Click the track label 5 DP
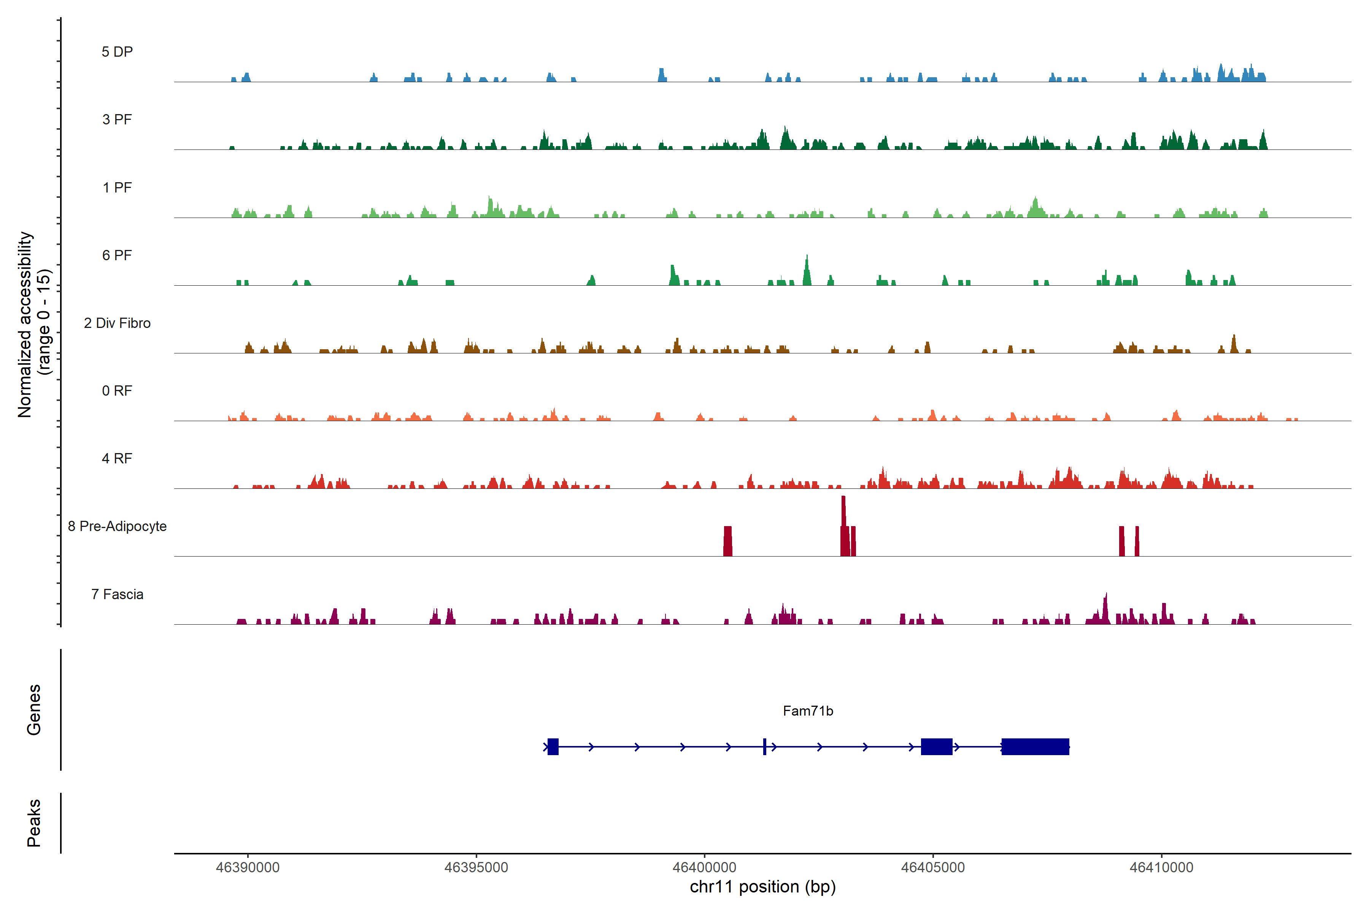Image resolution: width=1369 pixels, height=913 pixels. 117,52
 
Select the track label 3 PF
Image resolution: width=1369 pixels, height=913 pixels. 117,120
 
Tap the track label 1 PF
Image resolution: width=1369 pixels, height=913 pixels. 117,188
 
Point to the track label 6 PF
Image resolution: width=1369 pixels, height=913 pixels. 117,256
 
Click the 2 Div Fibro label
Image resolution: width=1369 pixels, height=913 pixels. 117,323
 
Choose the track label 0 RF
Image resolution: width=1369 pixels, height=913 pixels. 117,391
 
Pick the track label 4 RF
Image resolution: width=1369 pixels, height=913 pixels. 117,459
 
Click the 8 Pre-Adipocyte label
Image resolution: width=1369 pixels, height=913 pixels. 117,526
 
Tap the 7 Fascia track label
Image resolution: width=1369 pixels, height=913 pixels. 117,595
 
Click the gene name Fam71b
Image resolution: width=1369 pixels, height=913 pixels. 808,711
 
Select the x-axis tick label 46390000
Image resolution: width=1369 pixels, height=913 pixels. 248,868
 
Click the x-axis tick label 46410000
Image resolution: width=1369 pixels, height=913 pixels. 1161,868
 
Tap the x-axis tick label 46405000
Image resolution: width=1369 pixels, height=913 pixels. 933,868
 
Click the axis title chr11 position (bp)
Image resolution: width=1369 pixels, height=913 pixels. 762,887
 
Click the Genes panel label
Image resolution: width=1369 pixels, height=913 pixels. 34,710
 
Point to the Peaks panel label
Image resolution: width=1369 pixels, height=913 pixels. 34,823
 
